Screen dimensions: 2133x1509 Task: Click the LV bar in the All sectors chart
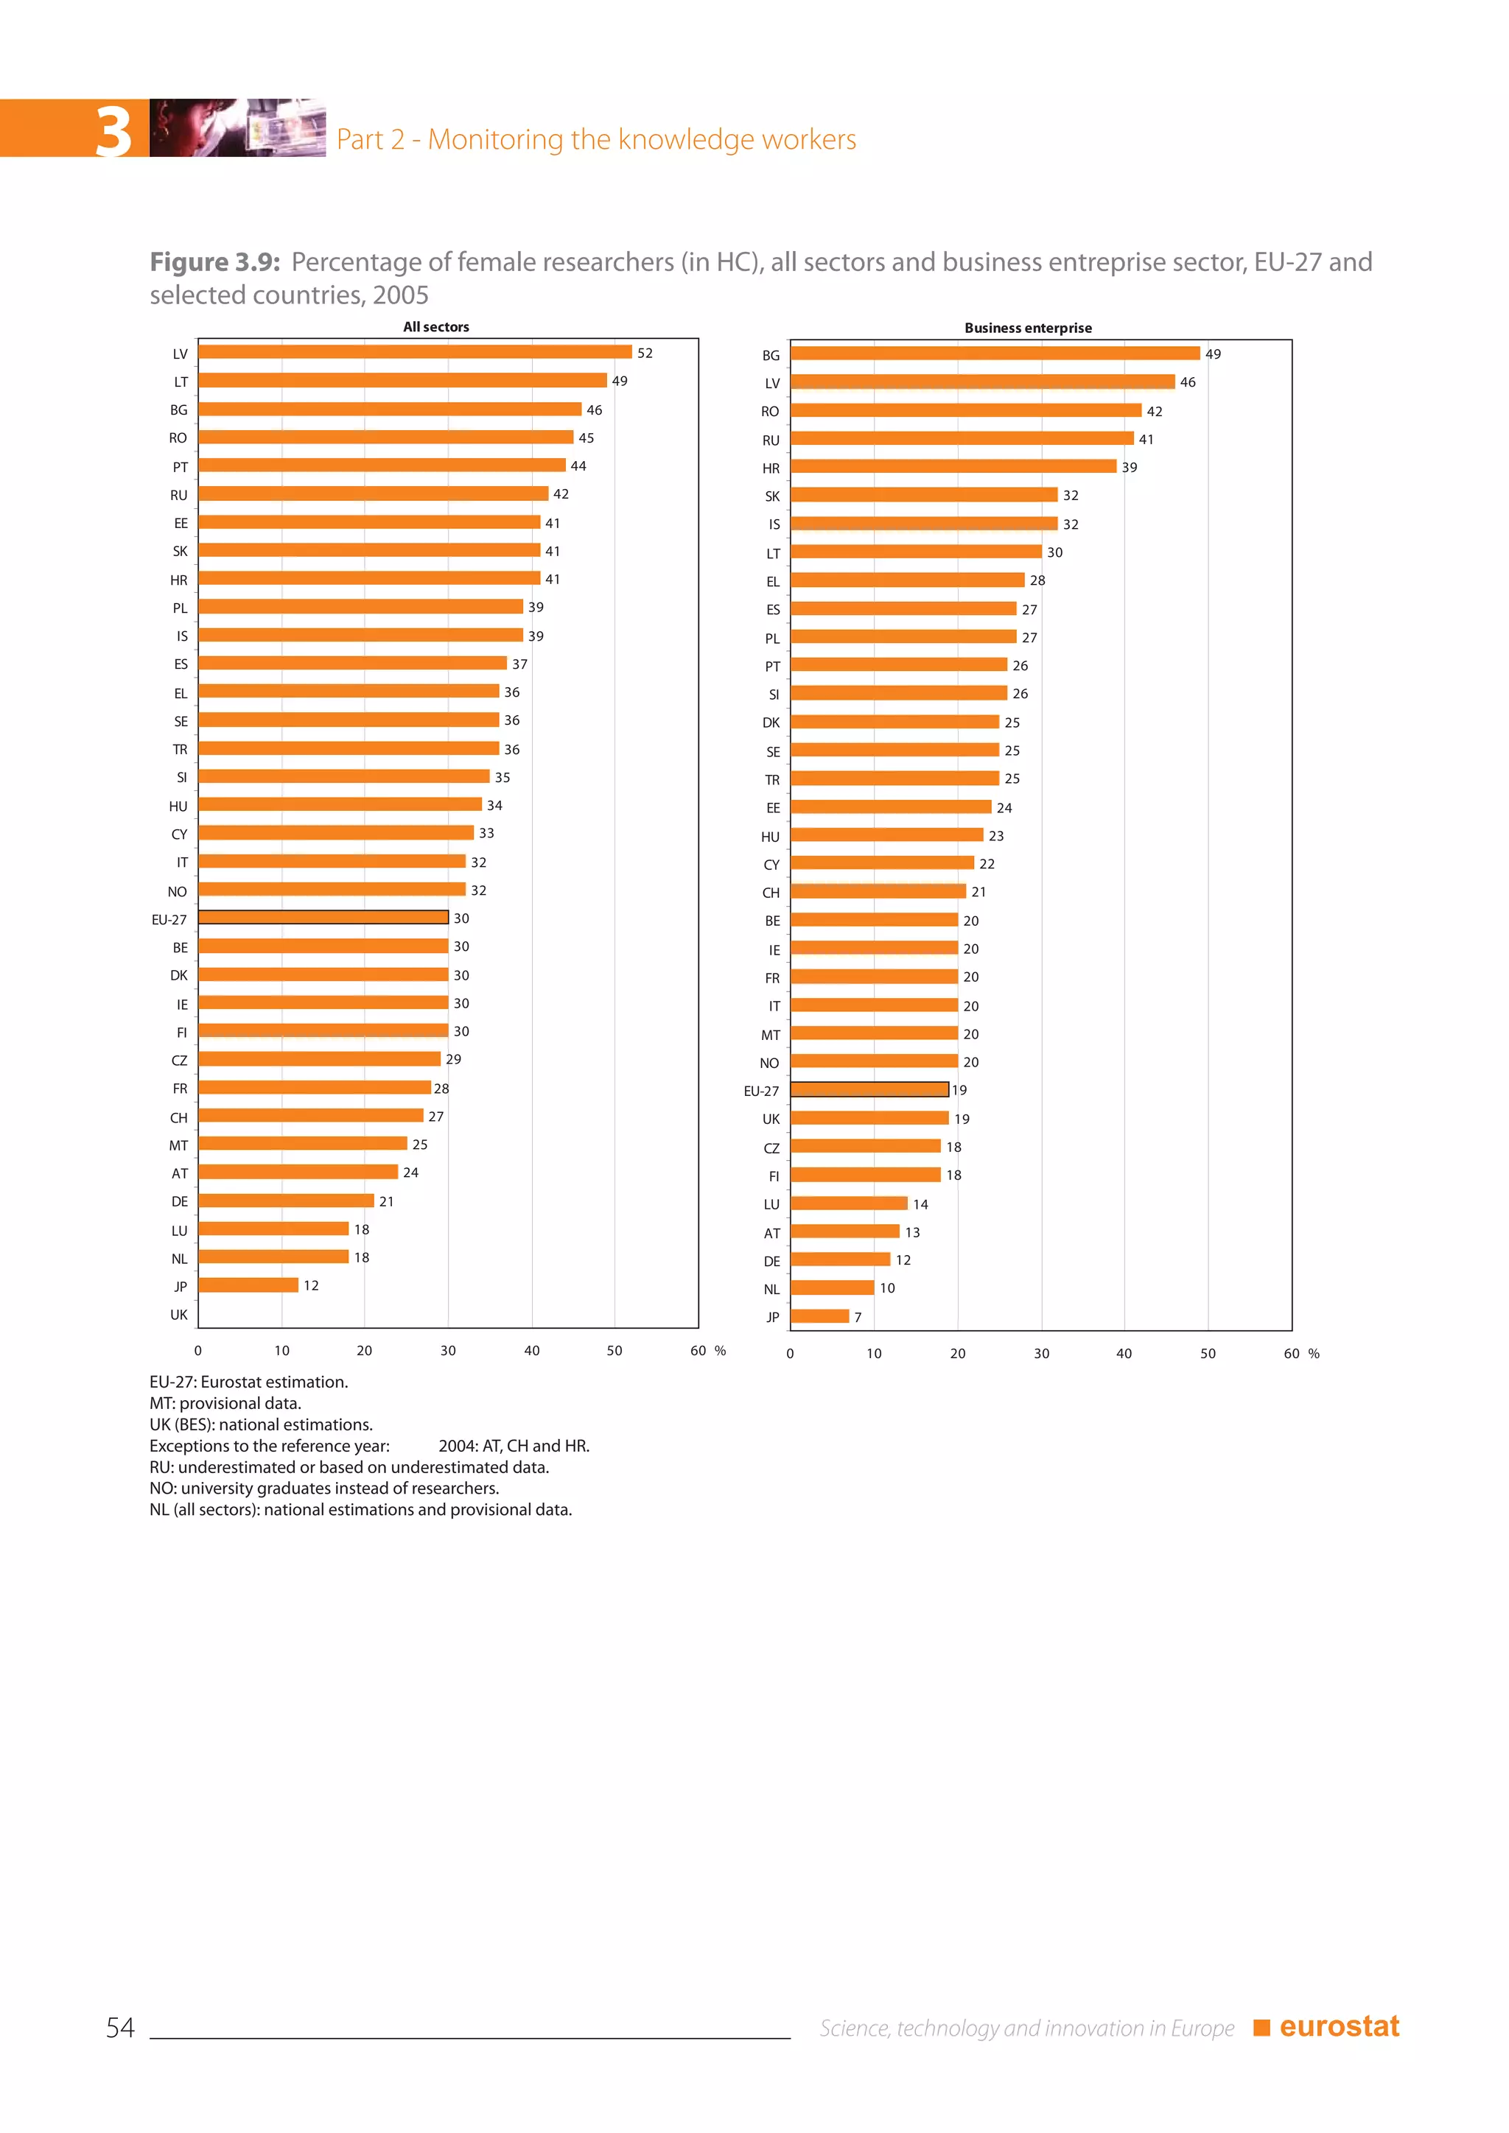pos(414,352)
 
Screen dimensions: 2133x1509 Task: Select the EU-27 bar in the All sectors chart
pos(323,917)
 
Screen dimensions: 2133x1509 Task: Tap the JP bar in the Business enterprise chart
pos(819,1315)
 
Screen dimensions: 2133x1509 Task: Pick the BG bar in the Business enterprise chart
pos(994,353)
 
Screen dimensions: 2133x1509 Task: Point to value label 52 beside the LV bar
pos(645,353)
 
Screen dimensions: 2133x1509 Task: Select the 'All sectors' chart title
pos(435,327)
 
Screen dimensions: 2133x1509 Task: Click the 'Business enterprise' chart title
pos(1028,328)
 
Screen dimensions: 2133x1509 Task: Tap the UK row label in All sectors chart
pos(178,1315)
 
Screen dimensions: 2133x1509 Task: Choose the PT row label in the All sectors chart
pos(181,467)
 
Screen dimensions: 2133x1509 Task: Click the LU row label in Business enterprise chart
pos(771,1205)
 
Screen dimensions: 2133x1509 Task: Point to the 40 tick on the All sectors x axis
pos(531,1351)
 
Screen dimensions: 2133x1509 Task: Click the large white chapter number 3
pos(114,131)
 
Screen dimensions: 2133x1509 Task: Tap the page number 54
pos(120,2027)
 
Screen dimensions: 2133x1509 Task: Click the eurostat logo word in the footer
pos(1339,2026)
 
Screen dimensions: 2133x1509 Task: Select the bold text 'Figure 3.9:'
pos(214,263)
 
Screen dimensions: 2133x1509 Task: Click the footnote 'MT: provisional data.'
pos(225,1403)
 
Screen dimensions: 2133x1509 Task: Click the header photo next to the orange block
pos(237,127)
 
